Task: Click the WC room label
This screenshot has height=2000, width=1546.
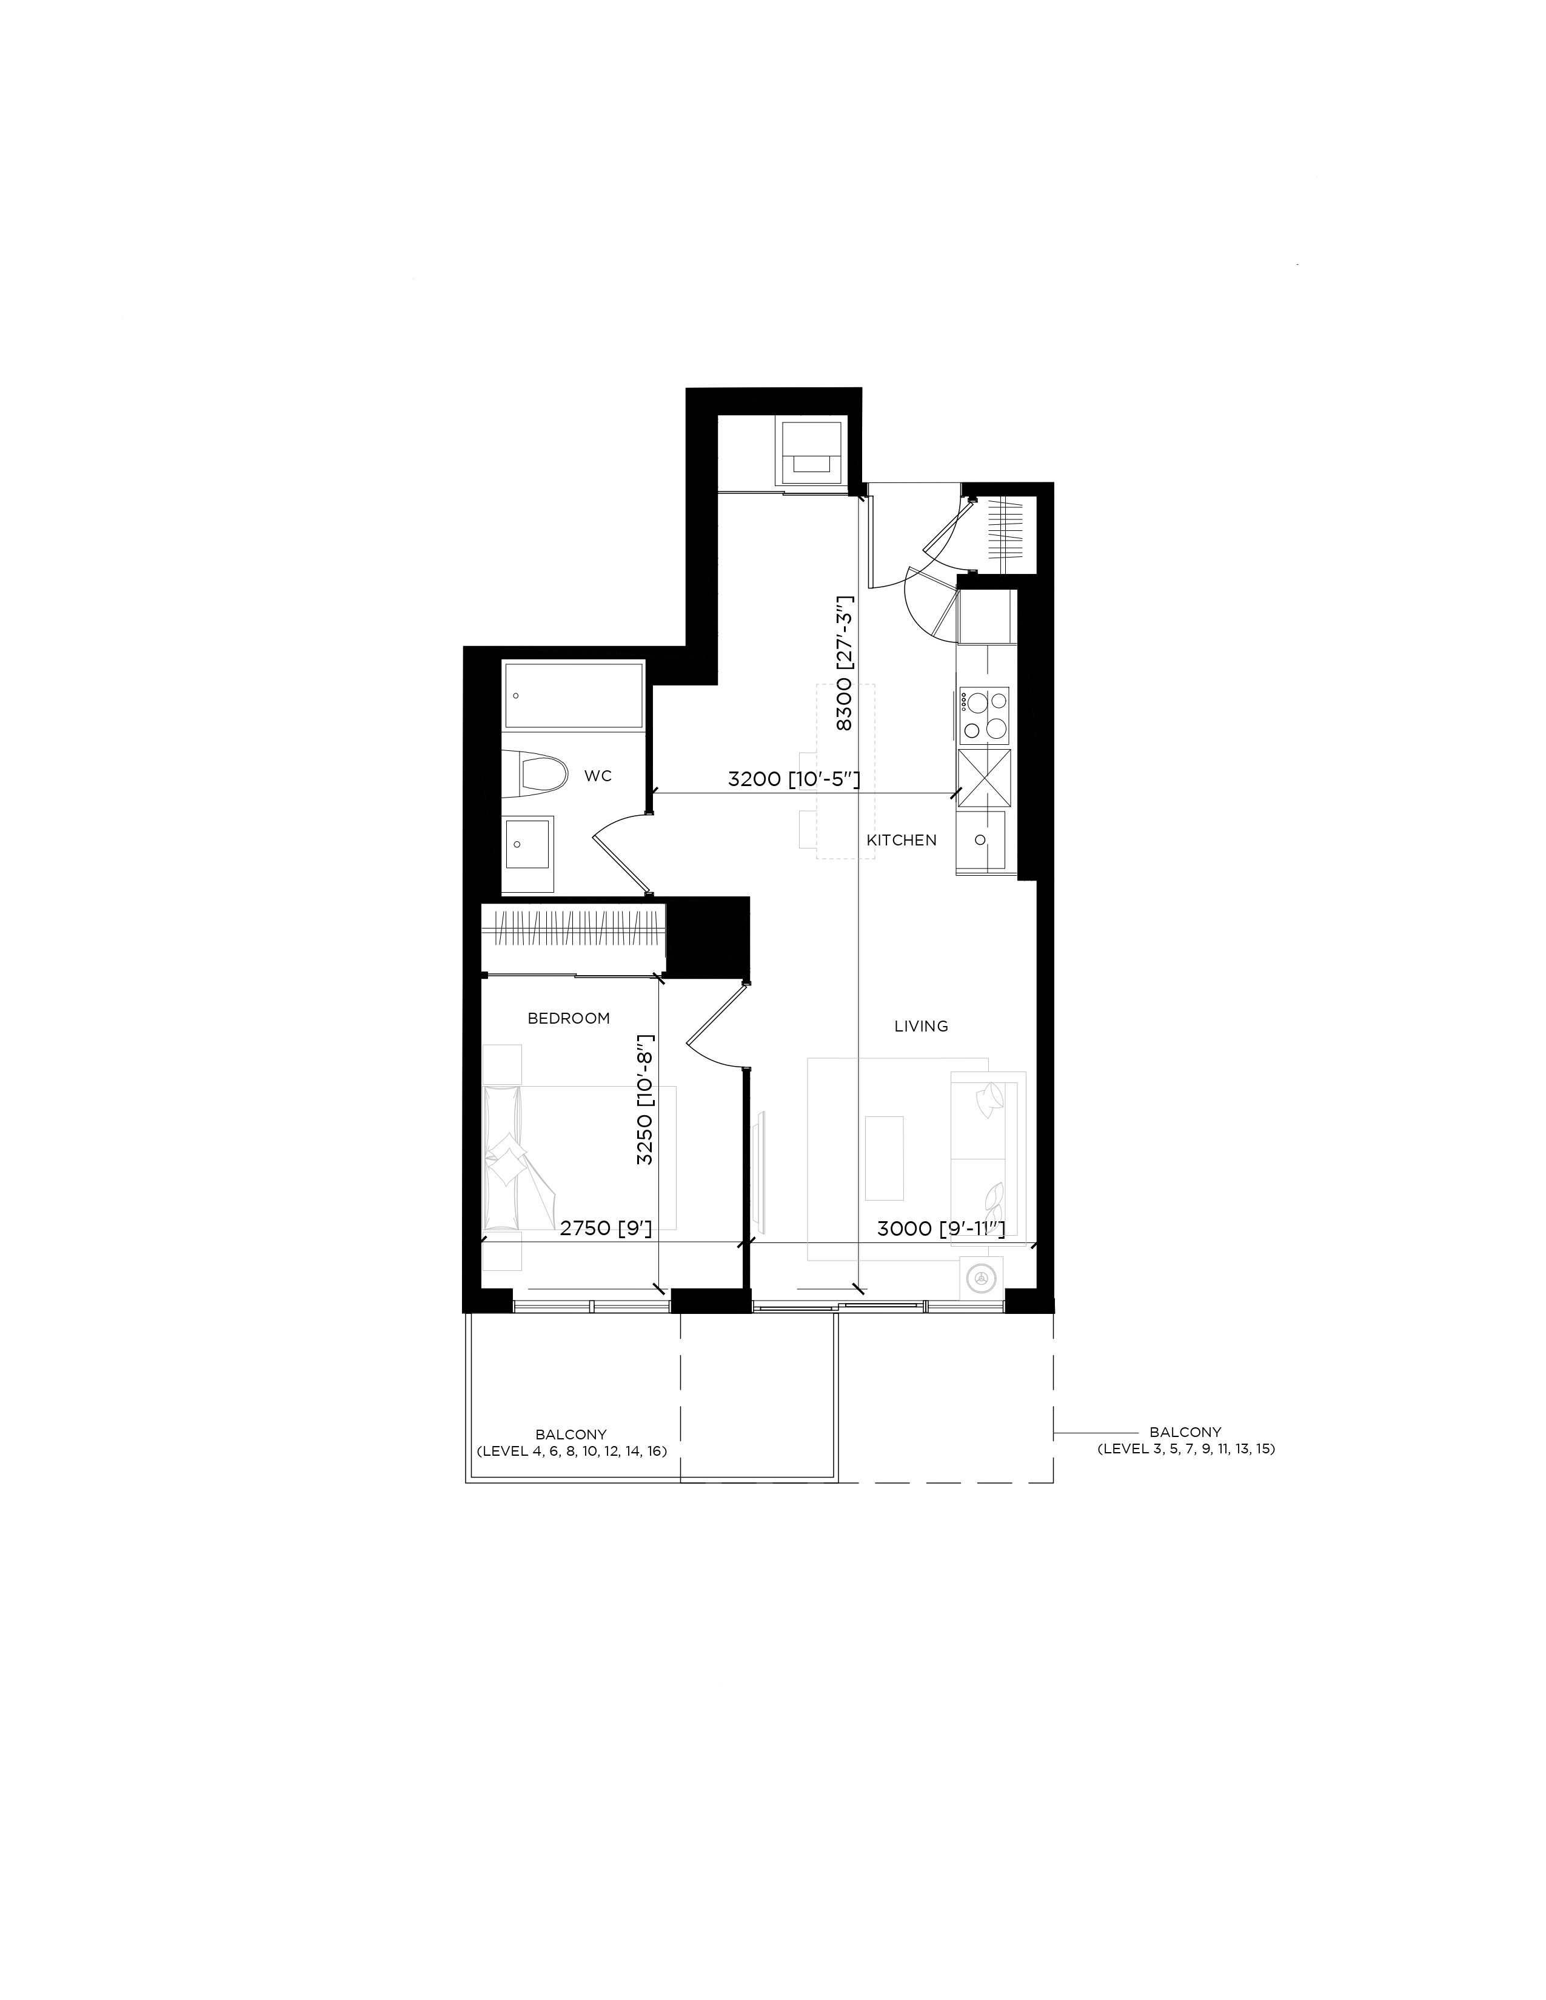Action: coord(598,776)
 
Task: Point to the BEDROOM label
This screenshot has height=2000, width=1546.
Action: coord(569,1018)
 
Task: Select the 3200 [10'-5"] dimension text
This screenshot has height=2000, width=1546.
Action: coord(793,779)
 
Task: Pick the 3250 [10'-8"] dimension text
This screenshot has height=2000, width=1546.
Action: coord(646,1099)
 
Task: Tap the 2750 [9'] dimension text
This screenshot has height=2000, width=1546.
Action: coord(606,1228)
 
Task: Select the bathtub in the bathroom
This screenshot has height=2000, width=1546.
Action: coord(574,696)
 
